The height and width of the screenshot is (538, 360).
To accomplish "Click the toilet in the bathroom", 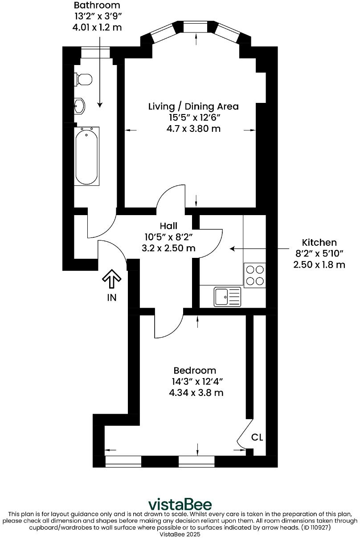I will (83, 79).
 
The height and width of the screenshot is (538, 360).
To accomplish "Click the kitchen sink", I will (227, 297).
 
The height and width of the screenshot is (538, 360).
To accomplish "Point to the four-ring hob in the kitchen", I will (254, 275).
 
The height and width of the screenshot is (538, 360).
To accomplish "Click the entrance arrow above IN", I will (111, 280).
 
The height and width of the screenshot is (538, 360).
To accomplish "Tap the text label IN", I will (111, 298).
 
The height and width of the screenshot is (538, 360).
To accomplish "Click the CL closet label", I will (257, 437).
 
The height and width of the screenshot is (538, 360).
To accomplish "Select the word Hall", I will (168, 226).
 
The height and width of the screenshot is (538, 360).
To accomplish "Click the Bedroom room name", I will (195, 370).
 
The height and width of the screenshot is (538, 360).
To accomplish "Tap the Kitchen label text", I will (319, 242).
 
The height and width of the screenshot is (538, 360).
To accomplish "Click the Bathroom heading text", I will (97, 6).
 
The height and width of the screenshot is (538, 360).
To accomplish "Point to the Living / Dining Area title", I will (193, 106).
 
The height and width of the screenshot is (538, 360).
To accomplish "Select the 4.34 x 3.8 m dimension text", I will (196, 393).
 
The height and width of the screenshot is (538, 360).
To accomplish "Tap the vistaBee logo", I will (180, 504).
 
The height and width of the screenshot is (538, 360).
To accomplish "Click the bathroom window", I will (95, 53).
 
